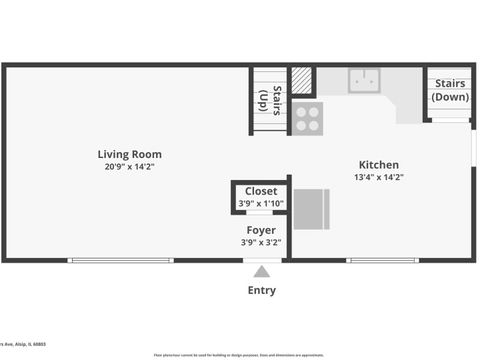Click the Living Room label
[x=129, y=154]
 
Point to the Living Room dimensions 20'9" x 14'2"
[x=129, y=167]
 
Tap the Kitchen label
[x=379, y=165]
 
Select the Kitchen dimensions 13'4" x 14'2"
[x=379, y=177]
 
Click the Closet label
[x=261, y=191]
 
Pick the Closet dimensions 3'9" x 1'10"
[x=261, y=203]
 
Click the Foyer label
[x=261, y=230]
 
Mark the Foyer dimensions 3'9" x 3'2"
[x=261, y=242]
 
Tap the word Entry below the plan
[x=261, y=291]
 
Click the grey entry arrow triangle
[x=261, y=272]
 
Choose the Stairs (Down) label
[x=450, y=91]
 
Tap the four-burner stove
[x=307, y=119]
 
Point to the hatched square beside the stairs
[x=302, y=81]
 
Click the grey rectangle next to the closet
[x=311, y=207]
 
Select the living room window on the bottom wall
[x=120, y=261]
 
